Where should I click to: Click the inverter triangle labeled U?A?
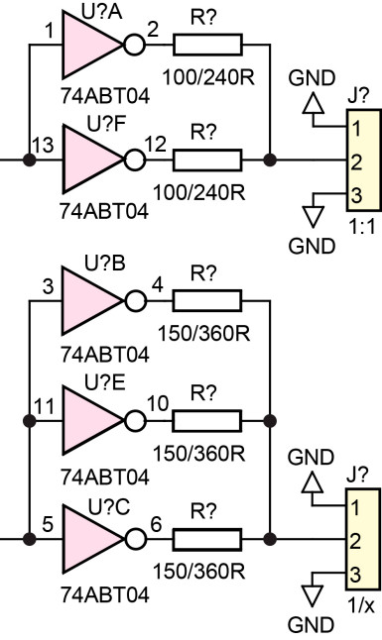[x=89, y=47]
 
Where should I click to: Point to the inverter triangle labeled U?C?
[x=89, y=538]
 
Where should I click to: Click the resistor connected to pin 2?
[x=206, y=46]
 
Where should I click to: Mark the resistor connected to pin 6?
[x=206, y=538]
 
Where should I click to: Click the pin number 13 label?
[x=42, y=146]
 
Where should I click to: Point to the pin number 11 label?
[x=42, y=406]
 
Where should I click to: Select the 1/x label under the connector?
[x=362, y=602]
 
